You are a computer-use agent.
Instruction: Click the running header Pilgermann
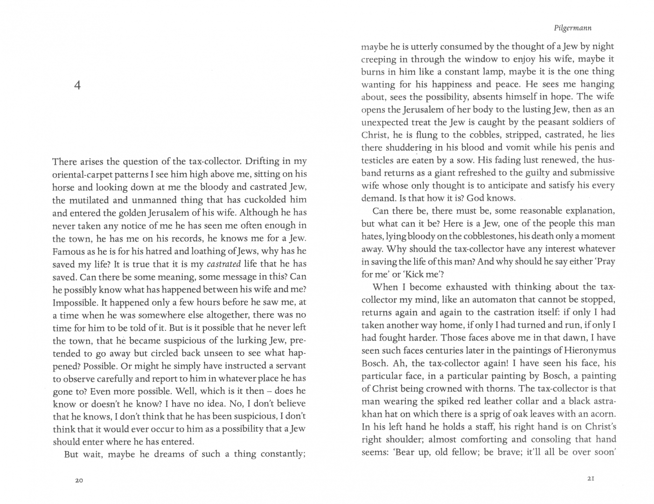pyautogui.click(x=572, y=28)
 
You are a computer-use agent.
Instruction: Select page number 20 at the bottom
pyautogui.click(x=78, y=480)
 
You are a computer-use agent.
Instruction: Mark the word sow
pyautogui.click(x=476, y=160)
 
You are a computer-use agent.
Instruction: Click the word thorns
pyautogui.click(x=500, y=389)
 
